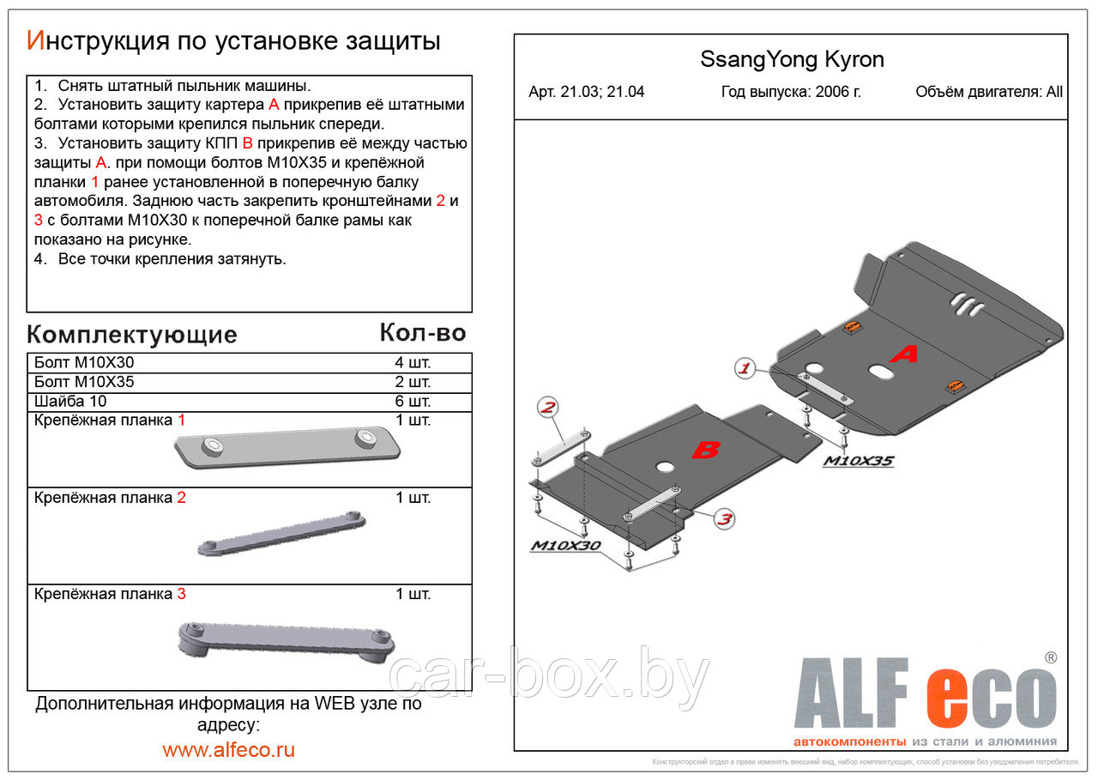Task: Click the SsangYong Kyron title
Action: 792,60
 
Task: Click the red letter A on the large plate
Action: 903,353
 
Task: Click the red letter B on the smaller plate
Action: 705,450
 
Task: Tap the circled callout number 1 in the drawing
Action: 744,369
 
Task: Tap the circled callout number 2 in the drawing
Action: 547,407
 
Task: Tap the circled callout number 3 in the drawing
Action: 724,518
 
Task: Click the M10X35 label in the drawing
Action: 858,462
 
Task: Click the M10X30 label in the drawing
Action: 565,546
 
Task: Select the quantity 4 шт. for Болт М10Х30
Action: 412,363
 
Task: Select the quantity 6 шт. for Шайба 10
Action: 412,402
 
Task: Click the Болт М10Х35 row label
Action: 84,382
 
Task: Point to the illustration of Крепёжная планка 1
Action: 287,447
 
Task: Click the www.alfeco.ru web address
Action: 228,749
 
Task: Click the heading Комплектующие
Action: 131,335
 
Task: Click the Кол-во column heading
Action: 422,333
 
